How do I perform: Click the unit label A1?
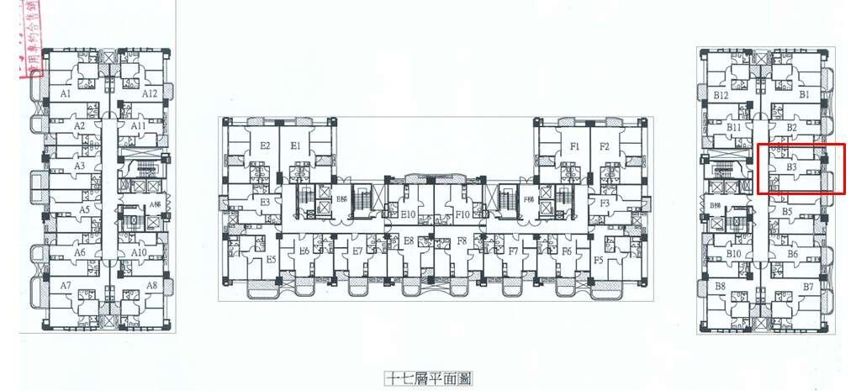tap(65, 94)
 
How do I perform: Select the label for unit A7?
tap(65, 286)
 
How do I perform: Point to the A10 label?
tap(139, 252)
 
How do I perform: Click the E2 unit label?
tap(265, 146)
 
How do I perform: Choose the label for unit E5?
tap(272, 260)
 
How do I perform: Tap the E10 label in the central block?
tap(408, 214)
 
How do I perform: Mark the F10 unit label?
tap(462, 214)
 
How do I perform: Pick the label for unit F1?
tap(575, 146)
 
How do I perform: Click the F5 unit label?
tap(598, 260)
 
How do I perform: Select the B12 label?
tap(721, 96)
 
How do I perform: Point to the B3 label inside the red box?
tap(791, 167)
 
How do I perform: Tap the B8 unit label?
tap(720, 288)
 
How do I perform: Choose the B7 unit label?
tap(808, 288)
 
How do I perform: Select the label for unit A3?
tap(80, 166)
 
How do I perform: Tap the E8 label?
tap(409, 241)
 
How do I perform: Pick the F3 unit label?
tap(603, 203)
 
